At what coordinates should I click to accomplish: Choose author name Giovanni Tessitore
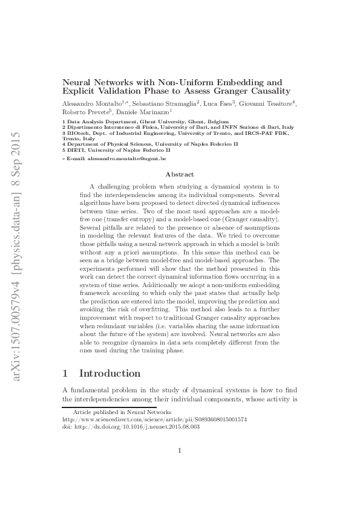pos(265,103)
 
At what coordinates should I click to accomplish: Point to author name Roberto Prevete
pos(83,112)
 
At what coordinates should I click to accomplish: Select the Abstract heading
pos(180,173)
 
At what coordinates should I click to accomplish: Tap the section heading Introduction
pos(110,374)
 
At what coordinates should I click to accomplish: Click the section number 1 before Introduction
pos(66,374)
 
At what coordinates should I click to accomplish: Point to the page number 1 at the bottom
pos(180,467)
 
